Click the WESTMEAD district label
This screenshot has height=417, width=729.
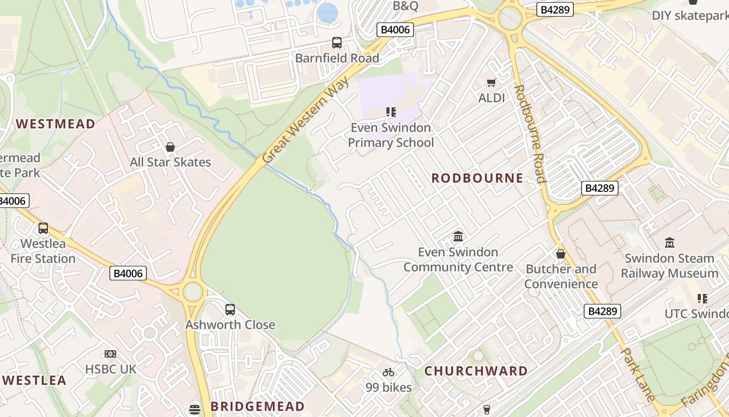tap(56, 124)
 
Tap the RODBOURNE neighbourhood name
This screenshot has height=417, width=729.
tap(477, 178)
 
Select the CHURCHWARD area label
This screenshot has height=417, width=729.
tap(476, 371)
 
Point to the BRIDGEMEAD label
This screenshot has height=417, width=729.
tap(257, 407)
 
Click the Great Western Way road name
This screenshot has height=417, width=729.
tap(305, 119)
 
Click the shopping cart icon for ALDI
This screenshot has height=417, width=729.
tap(491, 82)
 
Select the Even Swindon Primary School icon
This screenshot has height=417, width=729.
tap(391, 112)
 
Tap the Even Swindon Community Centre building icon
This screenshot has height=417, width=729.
tap(458, 237)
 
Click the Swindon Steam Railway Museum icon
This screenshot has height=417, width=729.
tap(670, 242)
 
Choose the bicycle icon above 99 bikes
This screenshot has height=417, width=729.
tap(388, 372)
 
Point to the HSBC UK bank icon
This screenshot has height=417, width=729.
tap(110, 354)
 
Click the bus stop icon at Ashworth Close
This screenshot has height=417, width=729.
tap(230, 310)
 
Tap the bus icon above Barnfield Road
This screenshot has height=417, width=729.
tap(337, 43)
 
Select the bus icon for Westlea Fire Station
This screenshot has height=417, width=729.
tap(43, 228)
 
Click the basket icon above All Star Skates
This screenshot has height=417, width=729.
tap(170, 147)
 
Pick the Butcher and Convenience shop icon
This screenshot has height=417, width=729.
tap(561, 254)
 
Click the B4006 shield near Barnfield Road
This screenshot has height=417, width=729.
tap(395, 30)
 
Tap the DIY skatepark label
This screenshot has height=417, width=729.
tap(690, 16)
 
